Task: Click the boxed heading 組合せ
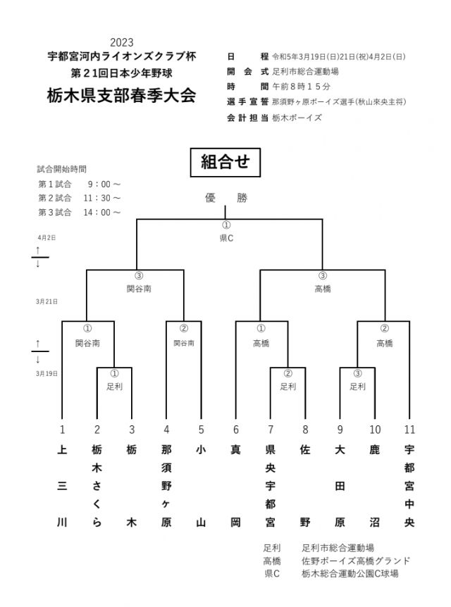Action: point(225,163)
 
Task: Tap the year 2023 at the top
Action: point(122,42)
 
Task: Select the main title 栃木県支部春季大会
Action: point(122,95)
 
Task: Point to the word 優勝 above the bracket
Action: point(225,198)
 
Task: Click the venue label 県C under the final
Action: point(225,239)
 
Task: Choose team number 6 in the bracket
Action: point(236,428)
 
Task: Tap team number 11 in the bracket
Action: point(409,428)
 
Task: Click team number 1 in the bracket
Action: point(62,428)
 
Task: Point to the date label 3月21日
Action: point(47,301)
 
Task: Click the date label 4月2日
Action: point(47,237)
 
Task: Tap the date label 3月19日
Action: point(47,373)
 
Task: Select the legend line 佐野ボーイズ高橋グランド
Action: point(356,561)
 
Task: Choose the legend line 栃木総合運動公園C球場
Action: point(350,574)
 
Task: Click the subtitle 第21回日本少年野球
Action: point(122,72)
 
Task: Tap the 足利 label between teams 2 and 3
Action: point(114,386)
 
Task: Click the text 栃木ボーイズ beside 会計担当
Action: point(297,118)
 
